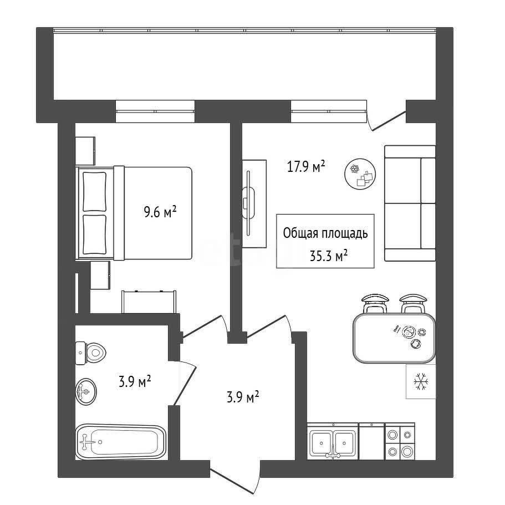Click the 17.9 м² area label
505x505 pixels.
coord(305,167)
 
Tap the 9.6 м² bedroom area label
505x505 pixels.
coord(160,212)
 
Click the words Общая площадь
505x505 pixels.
coord(325,233)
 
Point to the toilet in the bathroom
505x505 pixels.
coord(91,353)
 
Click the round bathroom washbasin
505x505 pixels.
coord(86,391)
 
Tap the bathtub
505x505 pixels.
coord(121,442)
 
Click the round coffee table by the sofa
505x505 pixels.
coord(360,175)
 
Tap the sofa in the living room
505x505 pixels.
coord(410,203)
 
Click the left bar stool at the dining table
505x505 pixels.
coord(375,303)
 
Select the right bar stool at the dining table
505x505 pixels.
coord(414,303)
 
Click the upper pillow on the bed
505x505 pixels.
coord(94,192)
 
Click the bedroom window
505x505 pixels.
coord(155,111)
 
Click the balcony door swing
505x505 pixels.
coord(386,119)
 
